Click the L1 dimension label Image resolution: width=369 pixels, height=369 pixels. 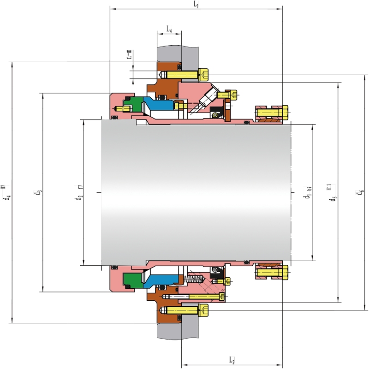(196, 5)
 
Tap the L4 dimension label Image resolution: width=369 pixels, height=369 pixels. (169, 29)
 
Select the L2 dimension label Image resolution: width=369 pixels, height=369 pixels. (232, 360)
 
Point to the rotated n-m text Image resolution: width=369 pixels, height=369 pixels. (129, 54)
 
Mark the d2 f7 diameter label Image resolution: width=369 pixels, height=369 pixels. (79, 192)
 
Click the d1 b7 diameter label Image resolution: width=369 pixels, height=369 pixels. (308, 192)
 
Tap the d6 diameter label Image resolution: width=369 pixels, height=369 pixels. (360, 192)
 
